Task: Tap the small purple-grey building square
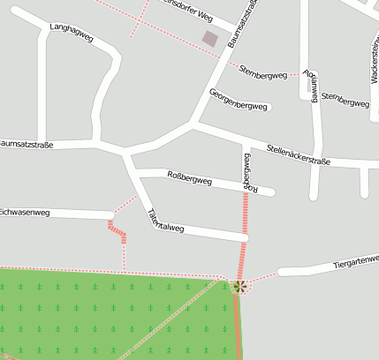[210, 38]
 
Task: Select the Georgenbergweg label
[238, 100]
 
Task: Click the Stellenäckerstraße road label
[298, 155]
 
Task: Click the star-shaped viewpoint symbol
[239, 286]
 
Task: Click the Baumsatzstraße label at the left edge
[27, 142]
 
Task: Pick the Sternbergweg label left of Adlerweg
[263, 71]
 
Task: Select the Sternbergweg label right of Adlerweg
[345, 99]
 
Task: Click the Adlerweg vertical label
[311, 85]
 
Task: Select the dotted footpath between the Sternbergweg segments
[296, 76]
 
